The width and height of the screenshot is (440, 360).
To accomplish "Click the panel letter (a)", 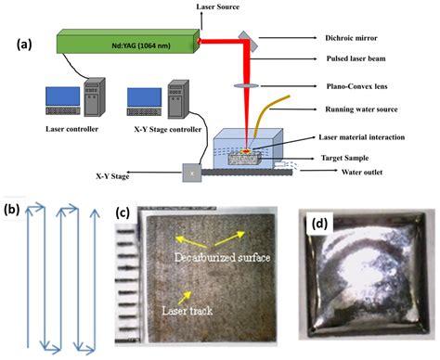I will click(27, 42).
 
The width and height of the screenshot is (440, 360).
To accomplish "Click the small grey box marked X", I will click(190, 173).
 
